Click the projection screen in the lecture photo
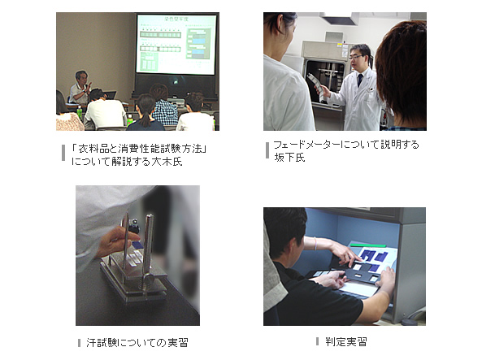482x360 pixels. point(176,44)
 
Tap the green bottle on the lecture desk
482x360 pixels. point(80,112)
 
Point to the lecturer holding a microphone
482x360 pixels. point(80,88)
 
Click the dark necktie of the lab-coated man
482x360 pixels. point(359,80)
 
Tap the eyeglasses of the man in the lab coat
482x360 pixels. point(356,57)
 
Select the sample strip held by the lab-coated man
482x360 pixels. point(317,86)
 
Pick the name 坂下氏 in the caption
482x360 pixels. point(289,158)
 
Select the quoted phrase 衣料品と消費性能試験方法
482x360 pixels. point(140,149)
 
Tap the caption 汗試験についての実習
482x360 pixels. point(137,342)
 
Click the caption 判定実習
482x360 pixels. point(346,341)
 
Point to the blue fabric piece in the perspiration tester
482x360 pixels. point(137,245)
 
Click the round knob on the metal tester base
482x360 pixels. point(150,279)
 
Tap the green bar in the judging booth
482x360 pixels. point(368,245)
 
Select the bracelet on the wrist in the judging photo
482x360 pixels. point(315,243)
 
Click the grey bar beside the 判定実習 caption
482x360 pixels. point(317,341)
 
